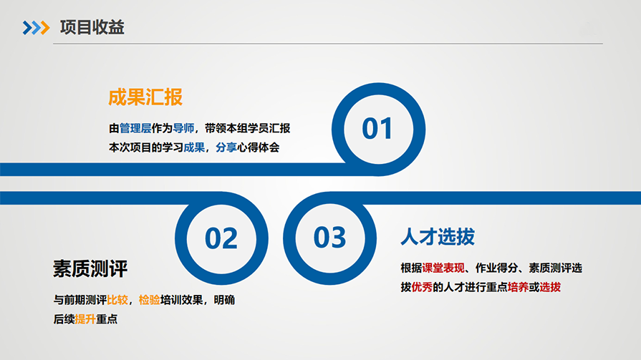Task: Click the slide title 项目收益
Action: (x=92, y=27)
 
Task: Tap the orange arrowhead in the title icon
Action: (x=45, y=28)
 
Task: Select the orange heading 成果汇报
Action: (x=145, y=97)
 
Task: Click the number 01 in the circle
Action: (x=377, y=128)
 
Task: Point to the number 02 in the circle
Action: (x=221, y=238)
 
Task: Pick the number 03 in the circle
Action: (x=329, y=238)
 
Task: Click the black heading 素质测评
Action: (x=90, y=269)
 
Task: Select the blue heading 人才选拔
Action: (x=438, y=237)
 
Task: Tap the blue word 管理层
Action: (x=135, y=128)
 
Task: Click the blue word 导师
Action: (x=183, y=128)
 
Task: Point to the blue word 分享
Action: (x=226, y=147)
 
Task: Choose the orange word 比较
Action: (x=117, y=300)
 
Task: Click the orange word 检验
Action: (x=149, y=300)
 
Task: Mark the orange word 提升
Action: (x=85, y=319)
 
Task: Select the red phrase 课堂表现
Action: (x=443, y=268)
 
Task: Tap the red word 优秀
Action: (x=422, y=287)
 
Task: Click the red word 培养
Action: (x=518, y=287)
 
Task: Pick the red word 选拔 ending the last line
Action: (x=550, y=287)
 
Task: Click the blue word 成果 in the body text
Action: (x=194, y=147)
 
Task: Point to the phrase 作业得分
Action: (x=497, y=268)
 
